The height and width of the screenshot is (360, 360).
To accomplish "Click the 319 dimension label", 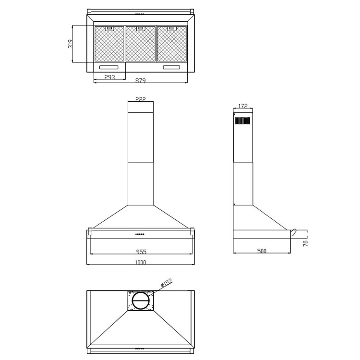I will click(70, 44).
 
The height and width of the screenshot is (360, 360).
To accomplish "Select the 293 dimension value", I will click(109, 77).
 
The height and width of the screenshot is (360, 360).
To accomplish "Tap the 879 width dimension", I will click(140, 81).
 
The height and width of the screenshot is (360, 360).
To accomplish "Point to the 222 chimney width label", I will click(140, 99).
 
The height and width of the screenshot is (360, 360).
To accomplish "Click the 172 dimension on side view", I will click(242, 106).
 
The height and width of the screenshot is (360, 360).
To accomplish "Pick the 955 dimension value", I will click(141, 251).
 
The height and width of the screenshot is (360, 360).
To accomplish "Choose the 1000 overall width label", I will click(140, 262).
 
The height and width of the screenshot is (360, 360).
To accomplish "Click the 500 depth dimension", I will click(262, 251).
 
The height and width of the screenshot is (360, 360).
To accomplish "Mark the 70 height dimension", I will click(305, 243).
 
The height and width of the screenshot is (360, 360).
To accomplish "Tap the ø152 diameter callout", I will click(166, 283).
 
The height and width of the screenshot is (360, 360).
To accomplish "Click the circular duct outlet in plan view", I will click(141, 300).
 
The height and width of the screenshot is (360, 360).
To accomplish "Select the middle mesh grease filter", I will click(141, 44).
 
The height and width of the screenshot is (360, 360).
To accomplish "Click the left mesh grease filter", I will click(109, 44).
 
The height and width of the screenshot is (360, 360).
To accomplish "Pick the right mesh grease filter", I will click(171, 44).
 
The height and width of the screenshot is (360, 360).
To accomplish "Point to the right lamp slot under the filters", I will click(172, 67).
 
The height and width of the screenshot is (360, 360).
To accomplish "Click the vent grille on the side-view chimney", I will click(242, 120).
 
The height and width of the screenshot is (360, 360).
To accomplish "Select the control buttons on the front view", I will click(140, 234).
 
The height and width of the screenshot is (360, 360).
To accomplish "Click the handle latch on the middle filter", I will click(140, 28).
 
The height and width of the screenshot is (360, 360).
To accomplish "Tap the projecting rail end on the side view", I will click(294, 232).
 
